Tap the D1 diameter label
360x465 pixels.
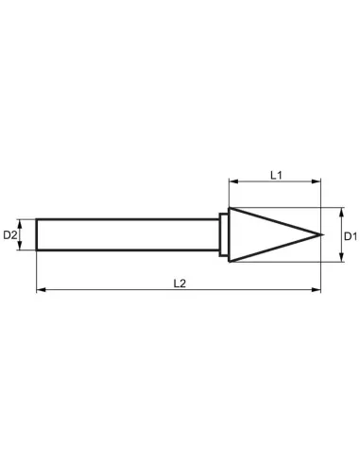point(348,233)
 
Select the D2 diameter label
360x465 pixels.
point(11,234)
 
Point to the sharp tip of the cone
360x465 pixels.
point(322,233)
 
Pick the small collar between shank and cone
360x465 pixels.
point(224,233)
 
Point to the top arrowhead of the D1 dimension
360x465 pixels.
point(334,211)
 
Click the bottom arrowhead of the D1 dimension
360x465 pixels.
point(334,257)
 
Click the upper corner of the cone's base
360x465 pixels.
point(230,207)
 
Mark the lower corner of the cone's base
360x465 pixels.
point(230,261)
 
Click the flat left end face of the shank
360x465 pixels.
point(37,234)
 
